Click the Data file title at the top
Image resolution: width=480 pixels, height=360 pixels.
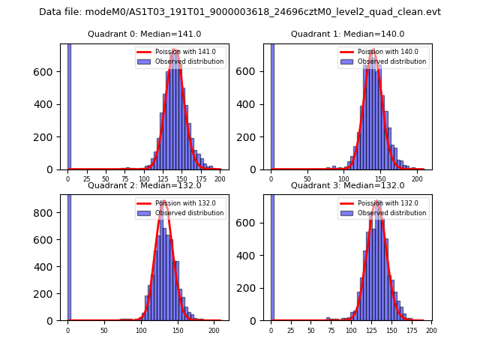coord(240,12)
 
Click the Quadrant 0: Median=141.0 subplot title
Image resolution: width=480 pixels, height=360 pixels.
coord(145,34)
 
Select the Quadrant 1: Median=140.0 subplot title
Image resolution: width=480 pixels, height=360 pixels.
coord(348,34)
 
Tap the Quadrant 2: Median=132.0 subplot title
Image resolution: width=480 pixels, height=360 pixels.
coord(145,185)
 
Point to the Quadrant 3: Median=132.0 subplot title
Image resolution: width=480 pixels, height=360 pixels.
coord(348,185)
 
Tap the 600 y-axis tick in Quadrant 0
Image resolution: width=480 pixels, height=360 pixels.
coord(52,72)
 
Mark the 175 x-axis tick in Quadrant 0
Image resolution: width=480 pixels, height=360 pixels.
coord(201,180)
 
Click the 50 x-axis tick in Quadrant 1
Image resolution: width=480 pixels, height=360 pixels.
coord(307,180)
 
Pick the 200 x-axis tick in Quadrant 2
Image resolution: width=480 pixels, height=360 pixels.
coord(214,331)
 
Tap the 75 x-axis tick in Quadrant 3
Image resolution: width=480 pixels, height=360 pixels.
coord(331,331)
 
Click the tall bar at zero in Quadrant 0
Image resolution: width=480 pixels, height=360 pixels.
coord(69,105)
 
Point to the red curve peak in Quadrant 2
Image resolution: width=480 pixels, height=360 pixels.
coord(163,202)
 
